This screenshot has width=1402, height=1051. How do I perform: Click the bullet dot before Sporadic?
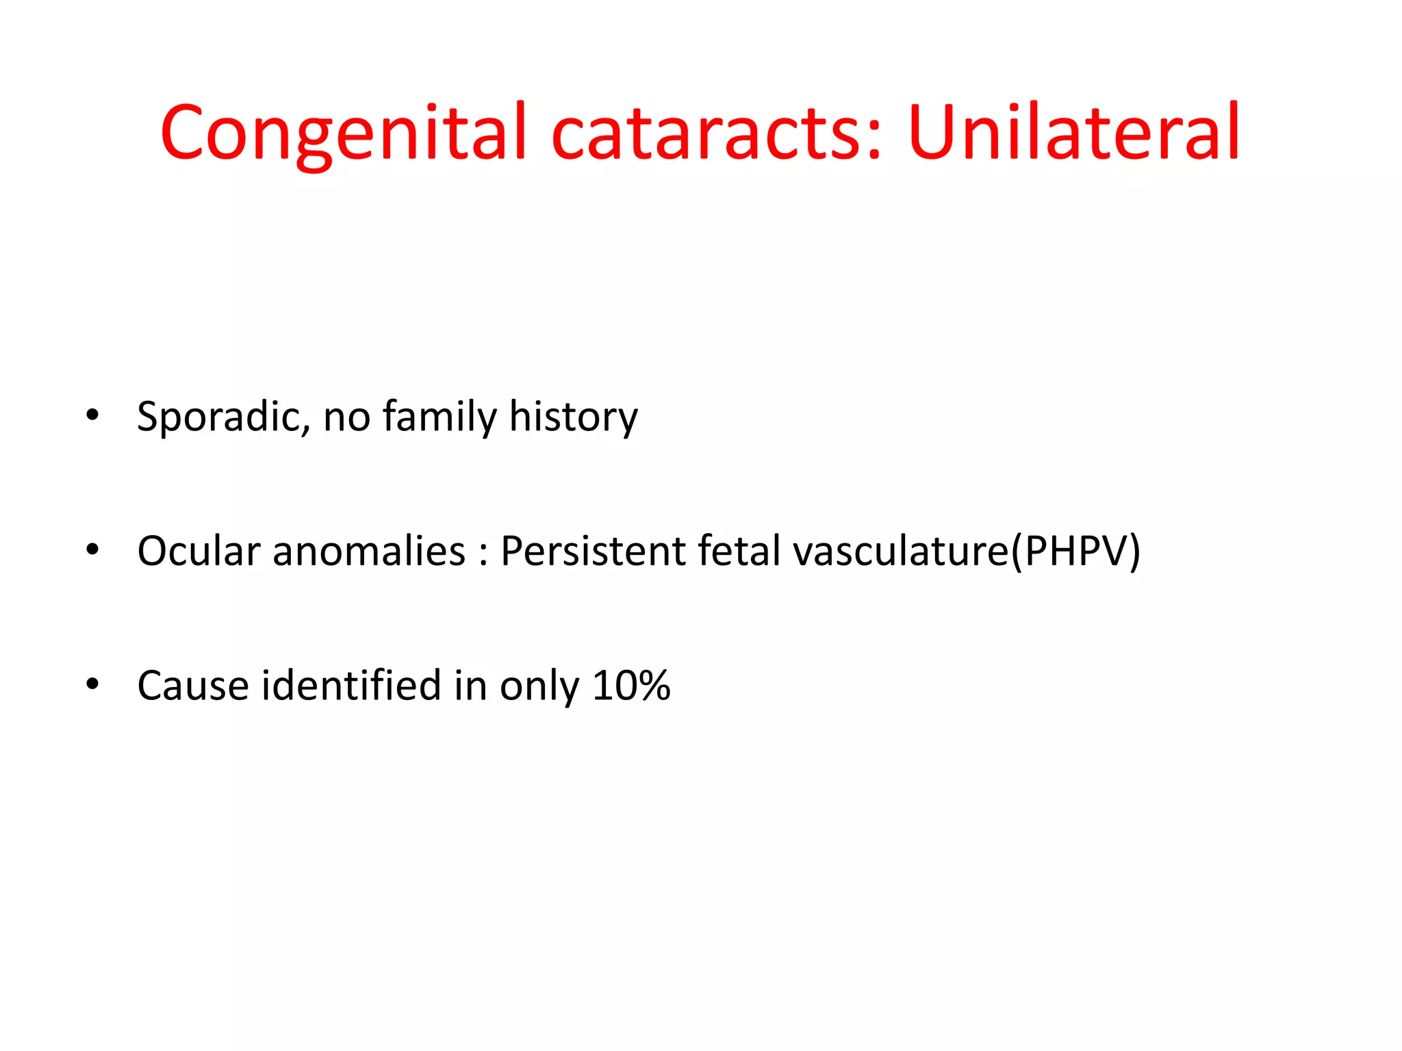pyautogui.click(x=92, y=415)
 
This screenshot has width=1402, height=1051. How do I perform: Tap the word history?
pyautogui.click(x=573, y=417)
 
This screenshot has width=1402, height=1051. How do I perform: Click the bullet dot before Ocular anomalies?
pyautogui.click(x=92, y=549)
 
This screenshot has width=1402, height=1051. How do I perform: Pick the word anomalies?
pyautogui.click(x=369, y=551)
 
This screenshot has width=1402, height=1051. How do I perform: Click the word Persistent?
pyautogui.click(x=593, y=551)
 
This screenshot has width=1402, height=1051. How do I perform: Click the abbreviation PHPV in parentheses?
pyautogui.click(x=1075, y=551)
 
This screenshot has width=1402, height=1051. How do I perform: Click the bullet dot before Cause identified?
pyautogui.click(x=92, y=684)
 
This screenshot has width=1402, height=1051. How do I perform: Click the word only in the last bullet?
pyautogui.click(x=539, y=687)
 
